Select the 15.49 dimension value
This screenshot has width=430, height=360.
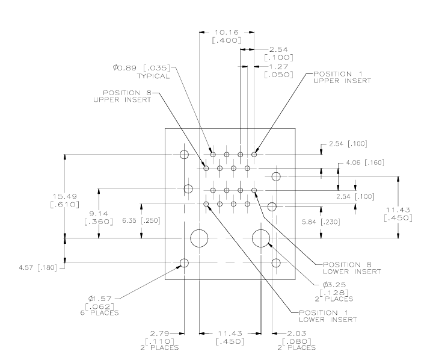[x=65, y=197]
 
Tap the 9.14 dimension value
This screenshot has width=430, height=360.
[x=99, y=214]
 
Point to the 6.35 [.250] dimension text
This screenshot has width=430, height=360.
[x=141, y=220]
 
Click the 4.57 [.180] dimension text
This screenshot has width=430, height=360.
[x=38, y=267]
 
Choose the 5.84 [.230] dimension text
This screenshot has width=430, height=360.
[x=321, y=222]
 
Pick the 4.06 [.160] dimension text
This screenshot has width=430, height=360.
[x=365, y=163]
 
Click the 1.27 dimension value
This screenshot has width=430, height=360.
[x=278, y=67]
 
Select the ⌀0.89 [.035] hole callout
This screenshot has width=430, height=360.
[x=141, y=67]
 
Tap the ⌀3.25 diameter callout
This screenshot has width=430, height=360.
[x=334, y=285]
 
